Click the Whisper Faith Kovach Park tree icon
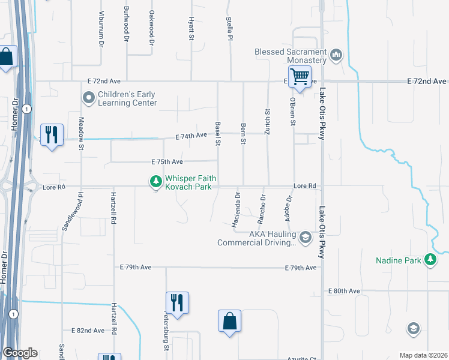click(155, 180)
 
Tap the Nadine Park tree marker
click(430, 260)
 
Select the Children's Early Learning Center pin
click(89, 97)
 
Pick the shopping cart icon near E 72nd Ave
click(300, 76)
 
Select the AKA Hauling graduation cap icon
click(306, 238)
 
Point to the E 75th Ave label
click(167, 162)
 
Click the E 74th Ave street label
click(191, 137)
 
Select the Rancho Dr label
click(263, 206)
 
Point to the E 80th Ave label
click(344, 291)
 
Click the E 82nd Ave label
click(88, 331)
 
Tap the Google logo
click(20, 353)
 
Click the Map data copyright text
click(423, 355)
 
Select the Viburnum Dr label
click(101, 35)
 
